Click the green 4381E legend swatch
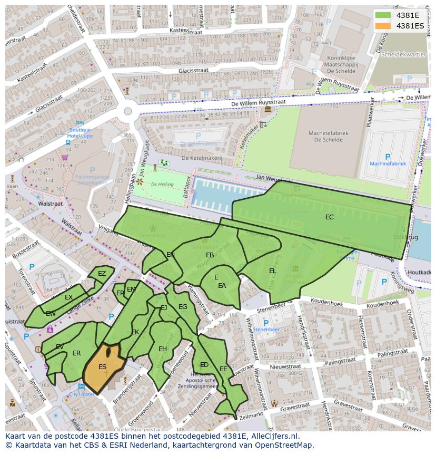384,15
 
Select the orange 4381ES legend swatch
384,26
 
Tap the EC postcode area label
329,217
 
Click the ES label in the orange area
102,367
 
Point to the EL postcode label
272,271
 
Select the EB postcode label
210,255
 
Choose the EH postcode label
163,349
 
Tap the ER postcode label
77,353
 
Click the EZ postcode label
102,274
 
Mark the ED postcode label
204,365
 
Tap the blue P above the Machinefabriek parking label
388,157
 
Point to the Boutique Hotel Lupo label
80,133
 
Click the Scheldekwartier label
404,54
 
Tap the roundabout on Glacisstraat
127,111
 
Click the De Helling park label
161,185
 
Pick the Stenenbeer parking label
266,330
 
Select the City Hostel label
81,394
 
